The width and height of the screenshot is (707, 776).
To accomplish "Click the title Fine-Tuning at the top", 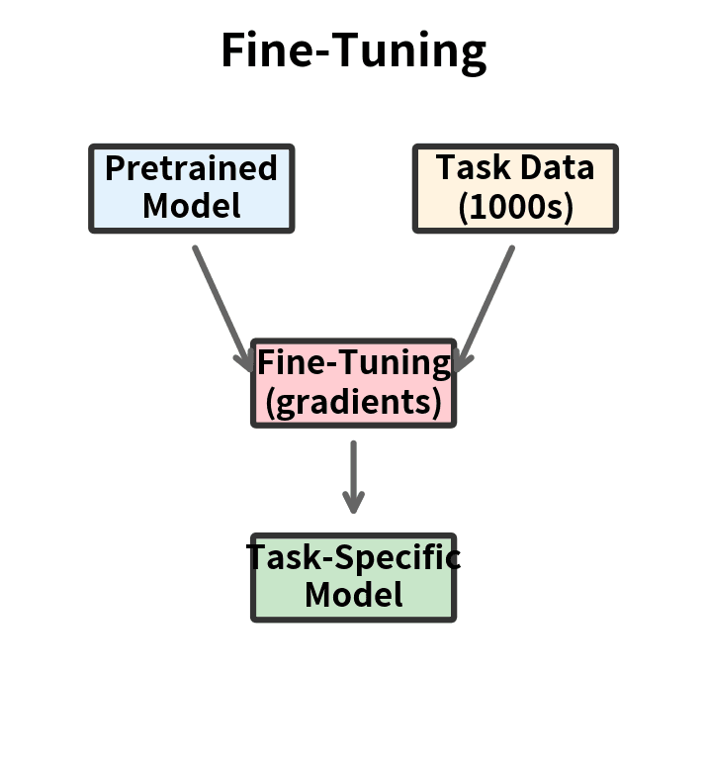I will tap(353, 50).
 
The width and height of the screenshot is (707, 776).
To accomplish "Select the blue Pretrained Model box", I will tap(192, 188).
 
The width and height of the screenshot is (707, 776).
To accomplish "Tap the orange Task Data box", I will tap(515, 188).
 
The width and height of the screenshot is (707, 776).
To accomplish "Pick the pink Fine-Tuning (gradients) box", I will tap(353, 383).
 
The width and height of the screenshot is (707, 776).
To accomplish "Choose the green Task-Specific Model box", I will tap(353, 577).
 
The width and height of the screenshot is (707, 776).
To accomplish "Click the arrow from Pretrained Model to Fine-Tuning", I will tap(221, 303).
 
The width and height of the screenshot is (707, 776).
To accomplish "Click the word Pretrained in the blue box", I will tap(192, 168).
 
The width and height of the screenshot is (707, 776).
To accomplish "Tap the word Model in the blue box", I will tap(192, 206).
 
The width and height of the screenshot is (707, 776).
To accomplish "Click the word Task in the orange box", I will tap(468, 167).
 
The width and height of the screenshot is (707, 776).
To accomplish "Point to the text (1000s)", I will tap(515, 207).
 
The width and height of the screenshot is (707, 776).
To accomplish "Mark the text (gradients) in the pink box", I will tap(353, 402).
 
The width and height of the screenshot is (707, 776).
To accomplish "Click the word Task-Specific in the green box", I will tap(353, 557).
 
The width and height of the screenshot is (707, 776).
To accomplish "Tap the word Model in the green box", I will tap(353, 595).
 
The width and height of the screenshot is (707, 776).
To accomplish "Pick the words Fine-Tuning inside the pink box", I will tap(353, 363).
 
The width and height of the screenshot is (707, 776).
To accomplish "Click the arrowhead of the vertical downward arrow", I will tap(353, 504).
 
